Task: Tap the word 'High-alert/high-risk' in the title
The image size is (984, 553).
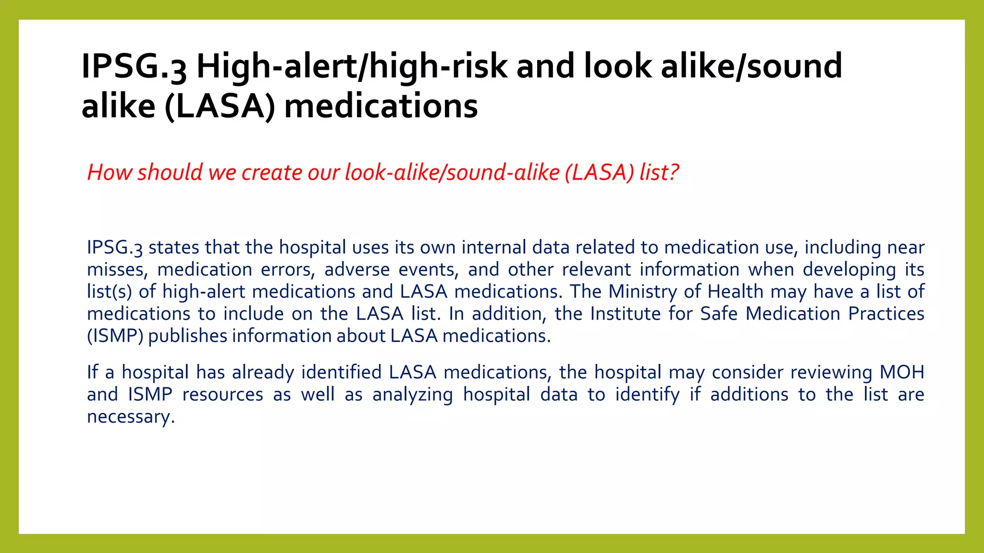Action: coord(351,66)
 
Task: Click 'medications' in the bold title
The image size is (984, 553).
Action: coord(381,106)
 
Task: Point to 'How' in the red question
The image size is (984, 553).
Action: coord(109,172)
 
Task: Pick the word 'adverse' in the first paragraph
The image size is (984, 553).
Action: coord(357,270)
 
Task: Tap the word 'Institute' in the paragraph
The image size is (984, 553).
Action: coord(625,314)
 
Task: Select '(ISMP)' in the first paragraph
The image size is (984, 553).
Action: coord(115,336)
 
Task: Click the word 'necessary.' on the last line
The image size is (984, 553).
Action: coord(131,417)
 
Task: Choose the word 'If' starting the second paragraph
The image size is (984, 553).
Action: coord(92,373)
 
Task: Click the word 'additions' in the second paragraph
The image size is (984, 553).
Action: coord(749,395)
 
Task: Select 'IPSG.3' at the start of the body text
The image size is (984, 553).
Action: coord(114,248)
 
